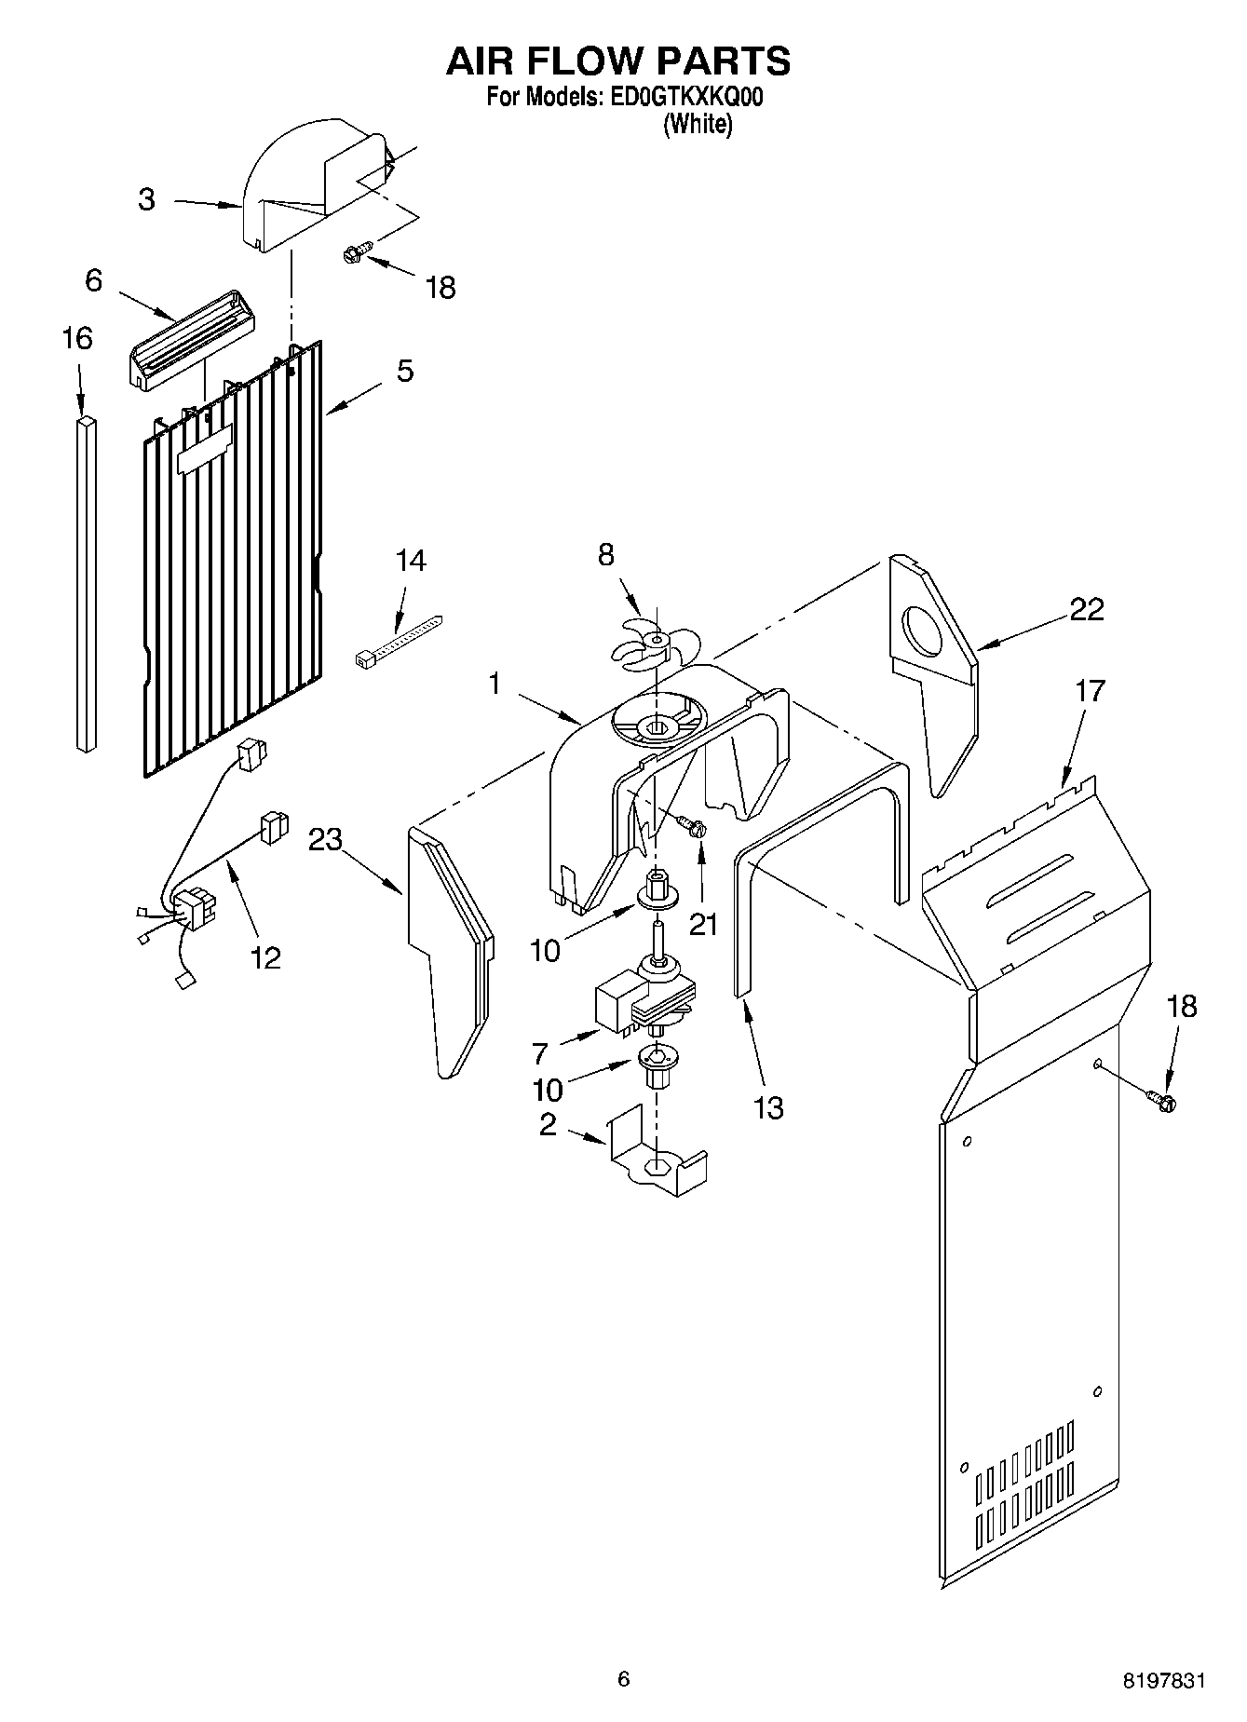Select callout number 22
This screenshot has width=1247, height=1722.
(x=1086, y=609)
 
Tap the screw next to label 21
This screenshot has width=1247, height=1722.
(x=691, y=824)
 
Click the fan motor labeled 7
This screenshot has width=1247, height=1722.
(x=643, y=1006)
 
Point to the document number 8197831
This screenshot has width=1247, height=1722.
(x=1164, y=1680)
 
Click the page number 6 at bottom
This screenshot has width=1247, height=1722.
(x=623, y=1679)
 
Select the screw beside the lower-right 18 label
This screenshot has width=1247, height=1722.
(x=1162, y=1100)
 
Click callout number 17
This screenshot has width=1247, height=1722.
(x=1090, y=691)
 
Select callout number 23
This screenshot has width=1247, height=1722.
(x=326, y=839)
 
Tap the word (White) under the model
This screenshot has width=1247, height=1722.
(x=698, y=124)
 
